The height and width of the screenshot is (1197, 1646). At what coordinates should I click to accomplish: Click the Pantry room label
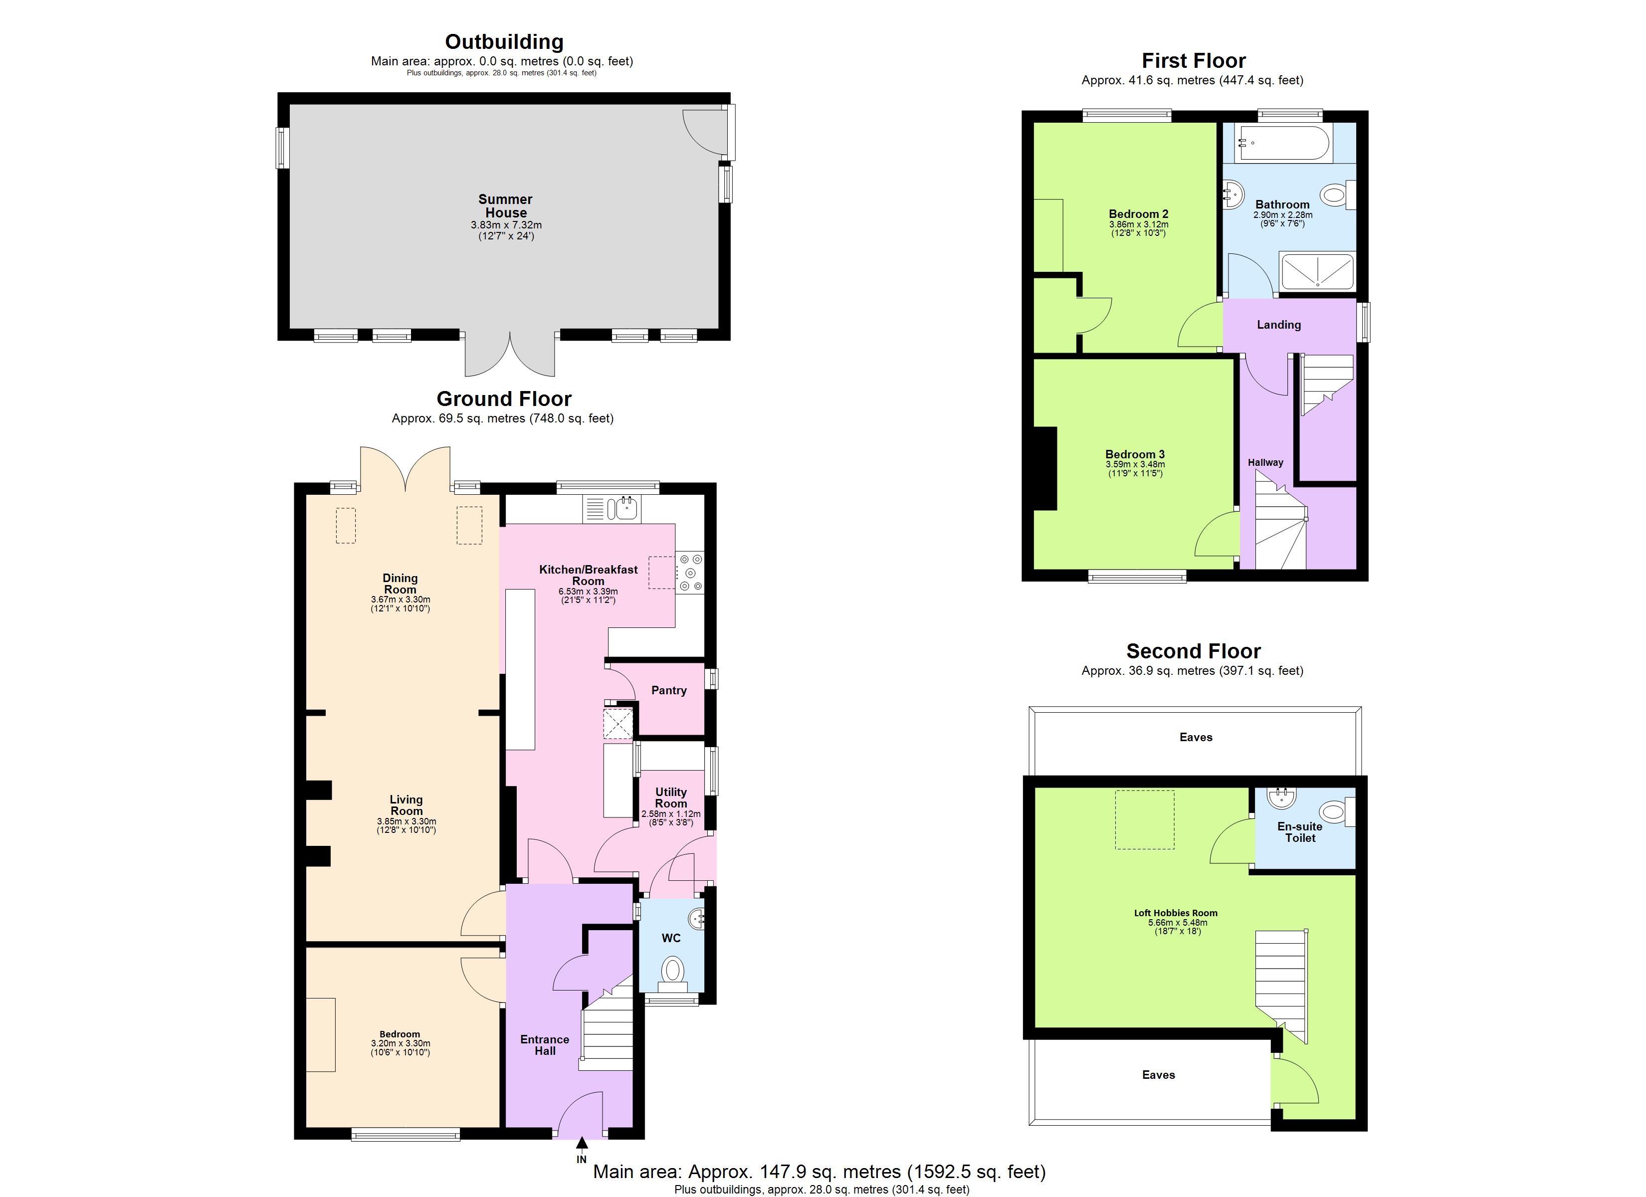point(668,690)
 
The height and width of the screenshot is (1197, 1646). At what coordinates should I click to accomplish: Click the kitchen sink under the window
point(622,509)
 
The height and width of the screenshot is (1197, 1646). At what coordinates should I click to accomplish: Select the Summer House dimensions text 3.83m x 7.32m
point(506,225)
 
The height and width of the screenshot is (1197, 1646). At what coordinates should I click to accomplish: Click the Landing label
point(1279,325)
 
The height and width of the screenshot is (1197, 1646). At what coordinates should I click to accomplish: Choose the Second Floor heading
point(1193,651)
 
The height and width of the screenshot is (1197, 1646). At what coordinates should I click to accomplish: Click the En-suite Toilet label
point(1300,832)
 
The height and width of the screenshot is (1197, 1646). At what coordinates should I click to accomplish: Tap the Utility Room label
point(670,798)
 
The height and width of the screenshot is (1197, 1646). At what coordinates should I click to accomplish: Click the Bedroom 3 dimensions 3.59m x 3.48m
point(1135,464)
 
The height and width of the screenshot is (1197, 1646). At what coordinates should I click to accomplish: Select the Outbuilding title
point(504,41)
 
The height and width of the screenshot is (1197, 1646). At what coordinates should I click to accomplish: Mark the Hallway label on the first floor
point(1265,462)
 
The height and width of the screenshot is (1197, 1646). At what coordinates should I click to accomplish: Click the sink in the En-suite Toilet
point(1281,798)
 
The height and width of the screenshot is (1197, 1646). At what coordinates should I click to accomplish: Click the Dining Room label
point(400,584)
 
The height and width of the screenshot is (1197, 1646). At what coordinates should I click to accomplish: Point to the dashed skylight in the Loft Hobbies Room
point(1145,819)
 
